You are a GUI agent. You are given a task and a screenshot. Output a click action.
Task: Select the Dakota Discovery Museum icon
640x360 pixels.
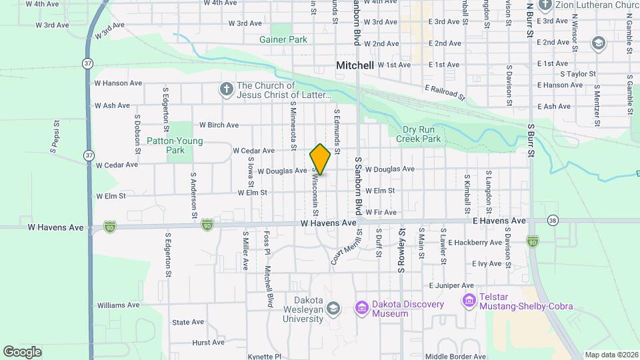point(362,307)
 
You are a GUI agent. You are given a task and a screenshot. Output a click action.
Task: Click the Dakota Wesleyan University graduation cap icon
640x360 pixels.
point(333,307)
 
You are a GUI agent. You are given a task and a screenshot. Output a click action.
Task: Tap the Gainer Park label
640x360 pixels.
point(283,39)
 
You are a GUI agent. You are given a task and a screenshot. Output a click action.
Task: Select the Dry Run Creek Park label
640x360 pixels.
point(419,135)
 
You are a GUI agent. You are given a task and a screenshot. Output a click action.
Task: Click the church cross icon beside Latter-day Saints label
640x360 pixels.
point(226,89)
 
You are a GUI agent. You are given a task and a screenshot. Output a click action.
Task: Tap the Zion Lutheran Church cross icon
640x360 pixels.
point(545,5)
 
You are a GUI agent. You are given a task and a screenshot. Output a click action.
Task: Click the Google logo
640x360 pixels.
point(23,351)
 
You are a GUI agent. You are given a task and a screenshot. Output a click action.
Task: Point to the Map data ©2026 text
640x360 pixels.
point(611,355)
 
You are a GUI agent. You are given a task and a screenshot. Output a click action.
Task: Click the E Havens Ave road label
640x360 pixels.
point(499,221)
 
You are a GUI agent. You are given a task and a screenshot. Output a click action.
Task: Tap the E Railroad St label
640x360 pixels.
point(445,91)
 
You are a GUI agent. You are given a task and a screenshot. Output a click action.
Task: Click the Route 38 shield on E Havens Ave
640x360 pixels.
point(552,219)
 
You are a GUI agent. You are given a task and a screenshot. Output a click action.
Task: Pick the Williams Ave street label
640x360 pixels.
point(118,305)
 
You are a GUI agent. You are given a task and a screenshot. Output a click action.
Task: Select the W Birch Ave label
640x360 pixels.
point(219,125)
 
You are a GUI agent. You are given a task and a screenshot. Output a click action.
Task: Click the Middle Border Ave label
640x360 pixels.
point(455,357)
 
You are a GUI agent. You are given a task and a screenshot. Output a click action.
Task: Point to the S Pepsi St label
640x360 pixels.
point(53,135)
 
